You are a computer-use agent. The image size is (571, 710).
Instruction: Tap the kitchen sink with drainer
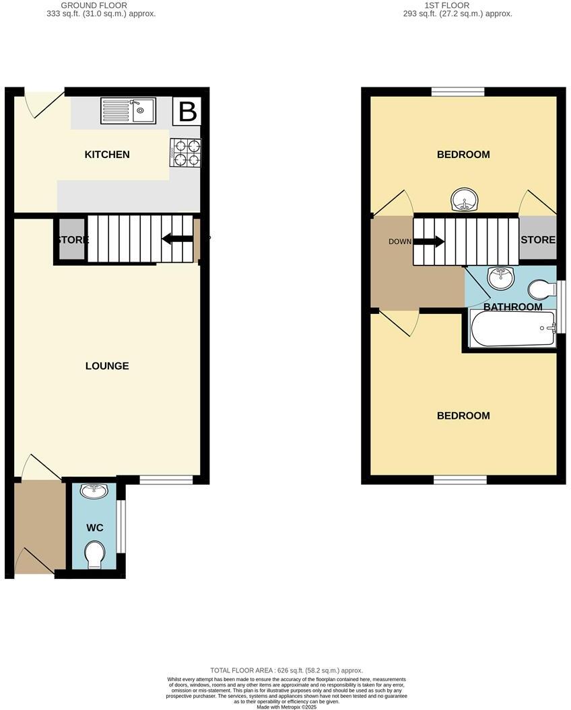click(x=128, y=111)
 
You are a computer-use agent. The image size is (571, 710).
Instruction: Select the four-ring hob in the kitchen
click(x=187, y=152)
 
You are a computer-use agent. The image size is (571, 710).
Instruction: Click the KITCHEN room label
click(x=107, y=155)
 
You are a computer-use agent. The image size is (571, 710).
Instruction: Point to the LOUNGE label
click(x=107, y=366)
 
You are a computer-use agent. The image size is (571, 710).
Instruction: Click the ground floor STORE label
click(x=72, y=240)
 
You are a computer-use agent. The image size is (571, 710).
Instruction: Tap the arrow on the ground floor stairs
click(x=176, y=238)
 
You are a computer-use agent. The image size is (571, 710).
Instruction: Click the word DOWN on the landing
click(x=400, y=241)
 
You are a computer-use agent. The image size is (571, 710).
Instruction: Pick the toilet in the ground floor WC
click(x=94, y=555)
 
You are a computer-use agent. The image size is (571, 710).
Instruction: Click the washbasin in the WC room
click(x=94, y=491)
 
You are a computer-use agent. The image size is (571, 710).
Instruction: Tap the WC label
click(x=95, y=528)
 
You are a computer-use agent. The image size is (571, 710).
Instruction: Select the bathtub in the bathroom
click(x=512, y=328)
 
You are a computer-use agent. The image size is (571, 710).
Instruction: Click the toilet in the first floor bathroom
click(x=540, y=288)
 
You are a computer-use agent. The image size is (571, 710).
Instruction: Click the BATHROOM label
click(x=512, y=307)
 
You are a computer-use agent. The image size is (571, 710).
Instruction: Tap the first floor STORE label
click(x=538, y=240)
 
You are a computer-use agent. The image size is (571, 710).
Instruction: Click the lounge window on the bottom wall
click(x=166, y=479)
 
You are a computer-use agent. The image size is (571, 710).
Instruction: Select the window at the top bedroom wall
click(x=458, y=92)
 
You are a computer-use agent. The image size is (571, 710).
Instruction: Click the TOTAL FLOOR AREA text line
click(x=286, y=670)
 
